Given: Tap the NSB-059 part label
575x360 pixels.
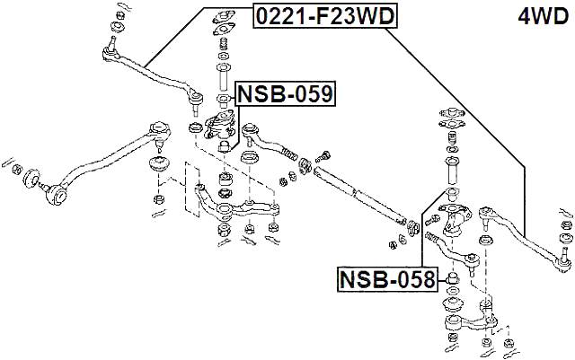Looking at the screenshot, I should (x=285, y=92).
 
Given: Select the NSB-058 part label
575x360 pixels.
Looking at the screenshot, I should (x=386, y=280).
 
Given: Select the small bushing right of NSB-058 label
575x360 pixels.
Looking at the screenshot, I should (x=451, y=282).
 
